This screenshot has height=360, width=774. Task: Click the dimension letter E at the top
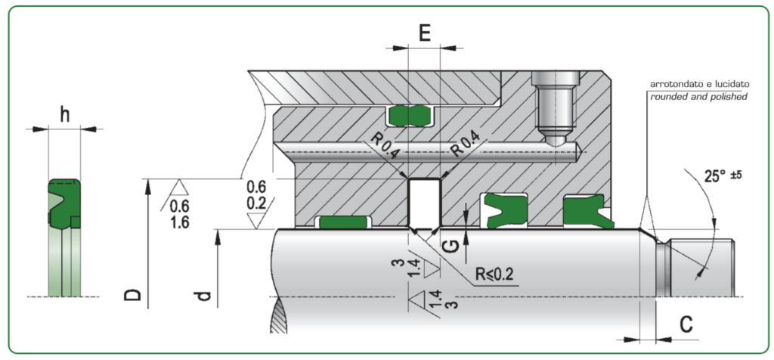[x=424, y=33]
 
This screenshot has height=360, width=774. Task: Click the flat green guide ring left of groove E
[x=342, y=222]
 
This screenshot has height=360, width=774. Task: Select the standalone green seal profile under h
[x=63, y=203]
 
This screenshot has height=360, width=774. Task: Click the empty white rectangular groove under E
[x=424, y=202]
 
